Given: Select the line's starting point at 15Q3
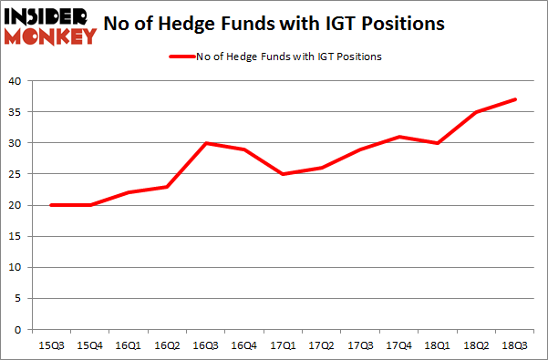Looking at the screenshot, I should point(52,205).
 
